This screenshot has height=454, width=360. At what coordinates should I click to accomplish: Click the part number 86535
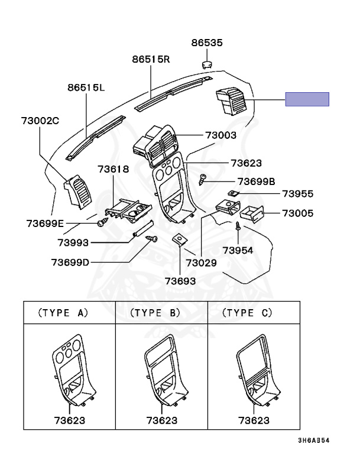[207, 43]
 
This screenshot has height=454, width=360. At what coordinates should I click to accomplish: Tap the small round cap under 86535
[207, 65]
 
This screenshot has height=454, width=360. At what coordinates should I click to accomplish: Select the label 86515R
[151, 59]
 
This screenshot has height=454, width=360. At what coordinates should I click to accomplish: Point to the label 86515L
[86, 87]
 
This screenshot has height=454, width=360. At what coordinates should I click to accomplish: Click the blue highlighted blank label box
[307, 99]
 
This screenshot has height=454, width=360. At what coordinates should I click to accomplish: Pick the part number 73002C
[40, 121]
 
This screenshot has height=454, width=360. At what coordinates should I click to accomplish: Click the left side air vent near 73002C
[77, 192]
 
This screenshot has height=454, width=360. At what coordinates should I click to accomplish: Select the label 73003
[220, 135]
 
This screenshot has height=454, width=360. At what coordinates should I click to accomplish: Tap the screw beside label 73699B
[202, 180]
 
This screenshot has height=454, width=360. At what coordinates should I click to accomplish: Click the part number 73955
[298, 193]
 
